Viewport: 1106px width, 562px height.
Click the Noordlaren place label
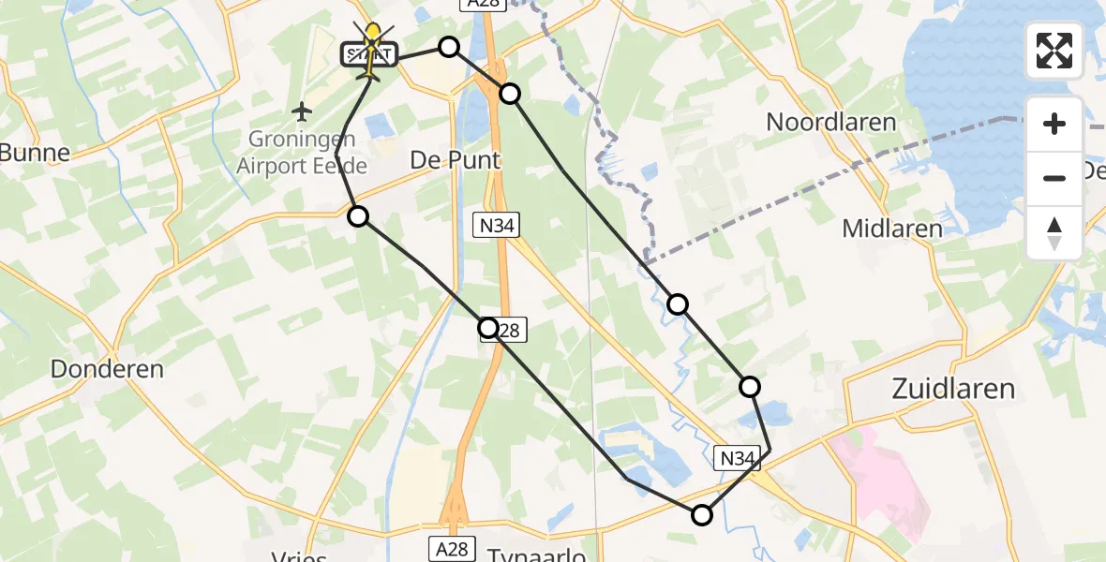click(x=830, y=122)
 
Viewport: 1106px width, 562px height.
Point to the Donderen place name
click(x=107, y=369)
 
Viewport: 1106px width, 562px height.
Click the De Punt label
click(x=456, y=160)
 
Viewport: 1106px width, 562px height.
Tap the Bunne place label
click(x=36, y=153)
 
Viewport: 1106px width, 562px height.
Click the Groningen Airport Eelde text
click(x=302, y=153)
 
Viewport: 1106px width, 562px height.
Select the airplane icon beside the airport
click(x=301, y=112)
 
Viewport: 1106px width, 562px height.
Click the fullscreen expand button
click(x=1054, y=50)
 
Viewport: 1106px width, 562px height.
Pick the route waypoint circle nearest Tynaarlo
click(x=701, y=514)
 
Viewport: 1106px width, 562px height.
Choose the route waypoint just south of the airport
click(x=358, y=217)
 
